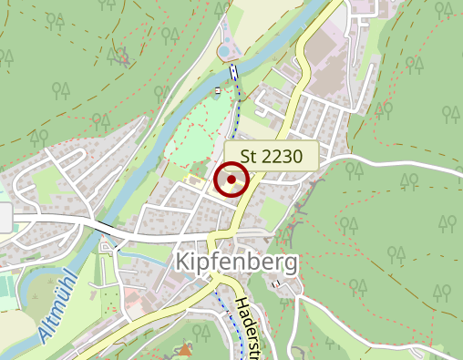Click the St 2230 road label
tap(271, 156)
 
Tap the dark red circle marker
tap(231, 180)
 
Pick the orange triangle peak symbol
tap(186, 349)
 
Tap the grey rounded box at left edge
tap(5, 218)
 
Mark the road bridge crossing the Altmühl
tap(108, 227)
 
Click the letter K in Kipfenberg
tap(180, 263)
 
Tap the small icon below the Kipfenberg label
tap(274, 283)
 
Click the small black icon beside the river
tap(217, 91)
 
